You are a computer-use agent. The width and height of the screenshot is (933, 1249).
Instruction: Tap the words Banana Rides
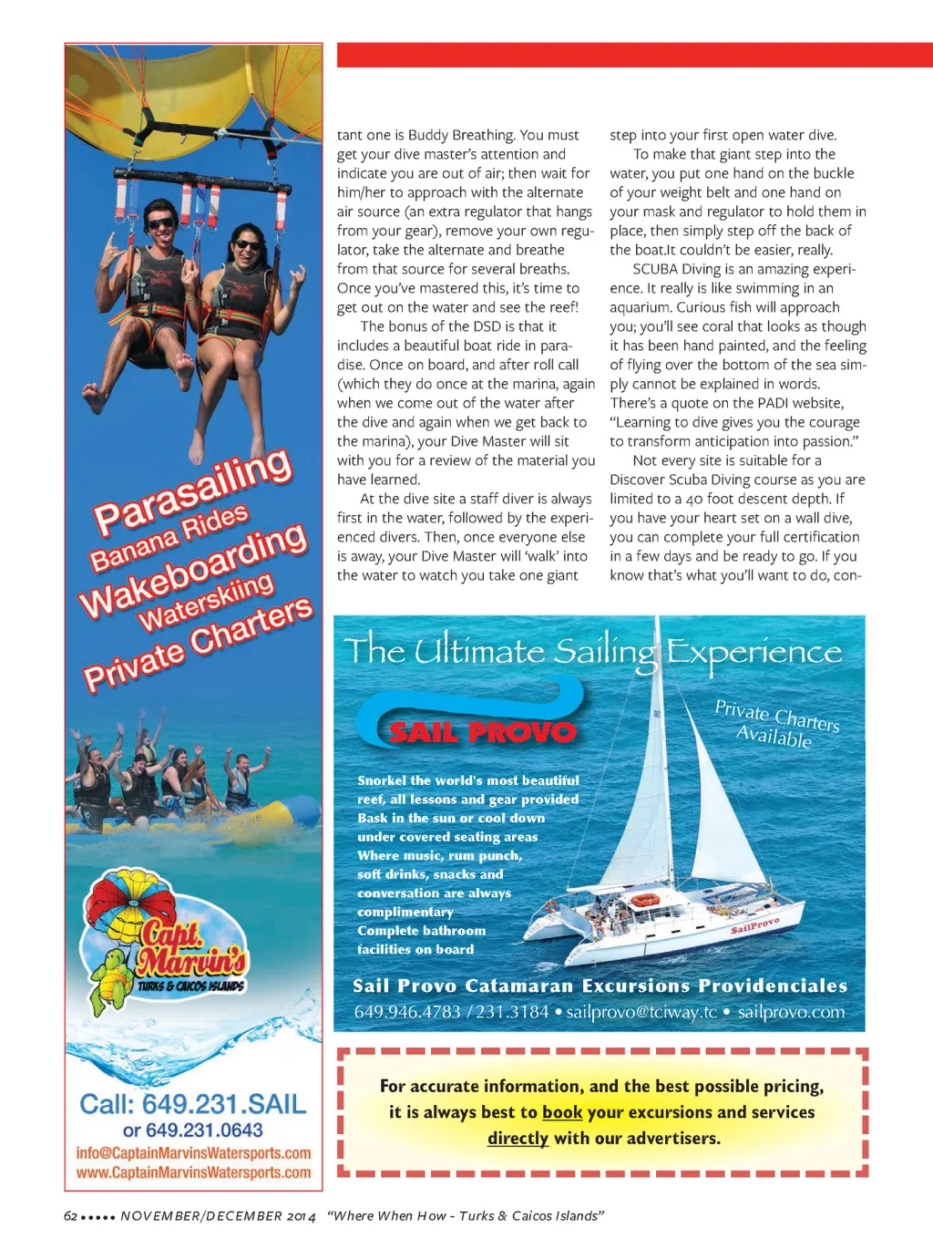169,536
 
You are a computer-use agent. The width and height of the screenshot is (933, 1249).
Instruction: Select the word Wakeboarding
193,571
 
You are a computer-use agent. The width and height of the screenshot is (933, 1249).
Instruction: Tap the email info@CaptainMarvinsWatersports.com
193,1153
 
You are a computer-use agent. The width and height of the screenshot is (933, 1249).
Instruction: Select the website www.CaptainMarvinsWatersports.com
193,1173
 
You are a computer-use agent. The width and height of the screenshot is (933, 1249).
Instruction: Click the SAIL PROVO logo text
483,732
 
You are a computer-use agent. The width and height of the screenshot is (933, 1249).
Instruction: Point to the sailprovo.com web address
791,1012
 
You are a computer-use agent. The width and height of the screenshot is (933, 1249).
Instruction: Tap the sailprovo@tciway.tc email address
641,1012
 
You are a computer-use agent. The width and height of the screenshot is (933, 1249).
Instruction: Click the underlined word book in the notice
562,1112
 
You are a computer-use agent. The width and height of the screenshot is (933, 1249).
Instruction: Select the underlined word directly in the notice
518,1138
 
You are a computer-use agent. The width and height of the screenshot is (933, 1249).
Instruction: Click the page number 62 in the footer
70,1216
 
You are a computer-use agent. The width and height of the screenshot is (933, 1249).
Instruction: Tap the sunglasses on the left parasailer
161,223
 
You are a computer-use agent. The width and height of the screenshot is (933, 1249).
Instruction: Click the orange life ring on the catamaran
645,901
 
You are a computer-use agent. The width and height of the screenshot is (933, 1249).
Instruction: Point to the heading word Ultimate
479,651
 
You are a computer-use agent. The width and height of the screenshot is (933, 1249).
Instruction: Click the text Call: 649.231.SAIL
193,1104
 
